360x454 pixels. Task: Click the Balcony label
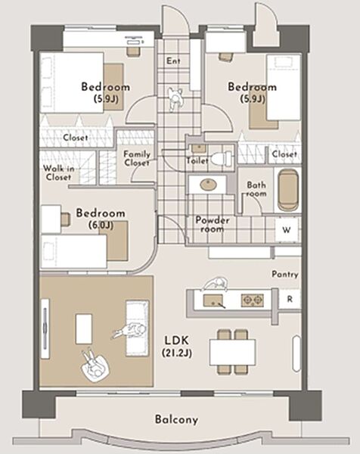point(176,419)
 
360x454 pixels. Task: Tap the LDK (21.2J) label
point(177,347)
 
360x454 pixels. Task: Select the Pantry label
point(285,274)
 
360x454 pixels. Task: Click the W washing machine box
point(287,230)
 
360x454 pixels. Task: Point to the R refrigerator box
point(290,300)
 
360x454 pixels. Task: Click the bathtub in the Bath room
point(288,190)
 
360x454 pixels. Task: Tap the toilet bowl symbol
point(221,158)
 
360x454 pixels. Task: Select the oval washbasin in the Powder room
point(208,185)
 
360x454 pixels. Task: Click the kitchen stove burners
point(253,300)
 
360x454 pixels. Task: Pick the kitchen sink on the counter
point(213,300)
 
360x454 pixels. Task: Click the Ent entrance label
point(173,61)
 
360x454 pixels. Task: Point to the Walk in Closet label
point(57,173)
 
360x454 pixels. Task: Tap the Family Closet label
point(137,158)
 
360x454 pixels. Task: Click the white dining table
point(233,353)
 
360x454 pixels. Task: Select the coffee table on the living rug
point(84,329)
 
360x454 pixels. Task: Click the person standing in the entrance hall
point(175,99)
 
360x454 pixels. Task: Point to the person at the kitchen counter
point(215,284)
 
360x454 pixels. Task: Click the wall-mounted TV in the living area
point(45,328)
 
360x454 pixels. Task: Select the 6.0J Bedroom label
point(101,219)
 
